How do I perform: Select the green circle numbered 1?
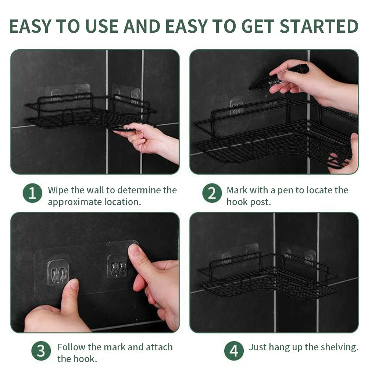click(32, 193)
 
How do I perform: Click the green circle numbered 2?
click(212, 193)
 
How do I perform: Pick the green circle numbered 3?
click(41, 351)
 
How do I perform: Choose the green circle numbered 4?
click(234, 351)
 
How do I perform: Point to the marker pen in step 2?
click(279, 77)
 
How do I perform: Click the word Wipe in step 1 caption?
click(58, 190)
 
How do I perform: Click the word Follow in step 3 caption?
click(72, 347)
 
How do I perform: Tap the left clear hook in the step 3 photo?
click(58, 272)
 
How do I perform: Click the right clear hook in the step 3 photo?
click(117, 265)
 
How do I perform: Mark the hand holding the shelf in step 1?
click(147, 142)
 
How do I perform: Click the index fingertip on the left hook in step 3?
click(74, 284)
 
